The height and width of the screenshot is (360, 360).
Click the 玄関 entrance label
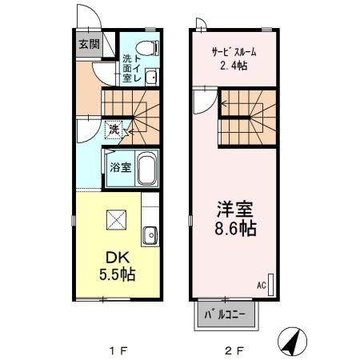(x=88, y=44)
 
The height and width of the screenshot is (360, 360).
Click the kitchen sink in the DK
(x=150, y=235)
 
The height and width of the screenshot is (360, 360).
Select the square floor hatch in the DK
(x=115, y=218)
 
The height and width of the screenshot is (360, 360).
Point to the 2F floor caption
(x=233, y=350)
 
